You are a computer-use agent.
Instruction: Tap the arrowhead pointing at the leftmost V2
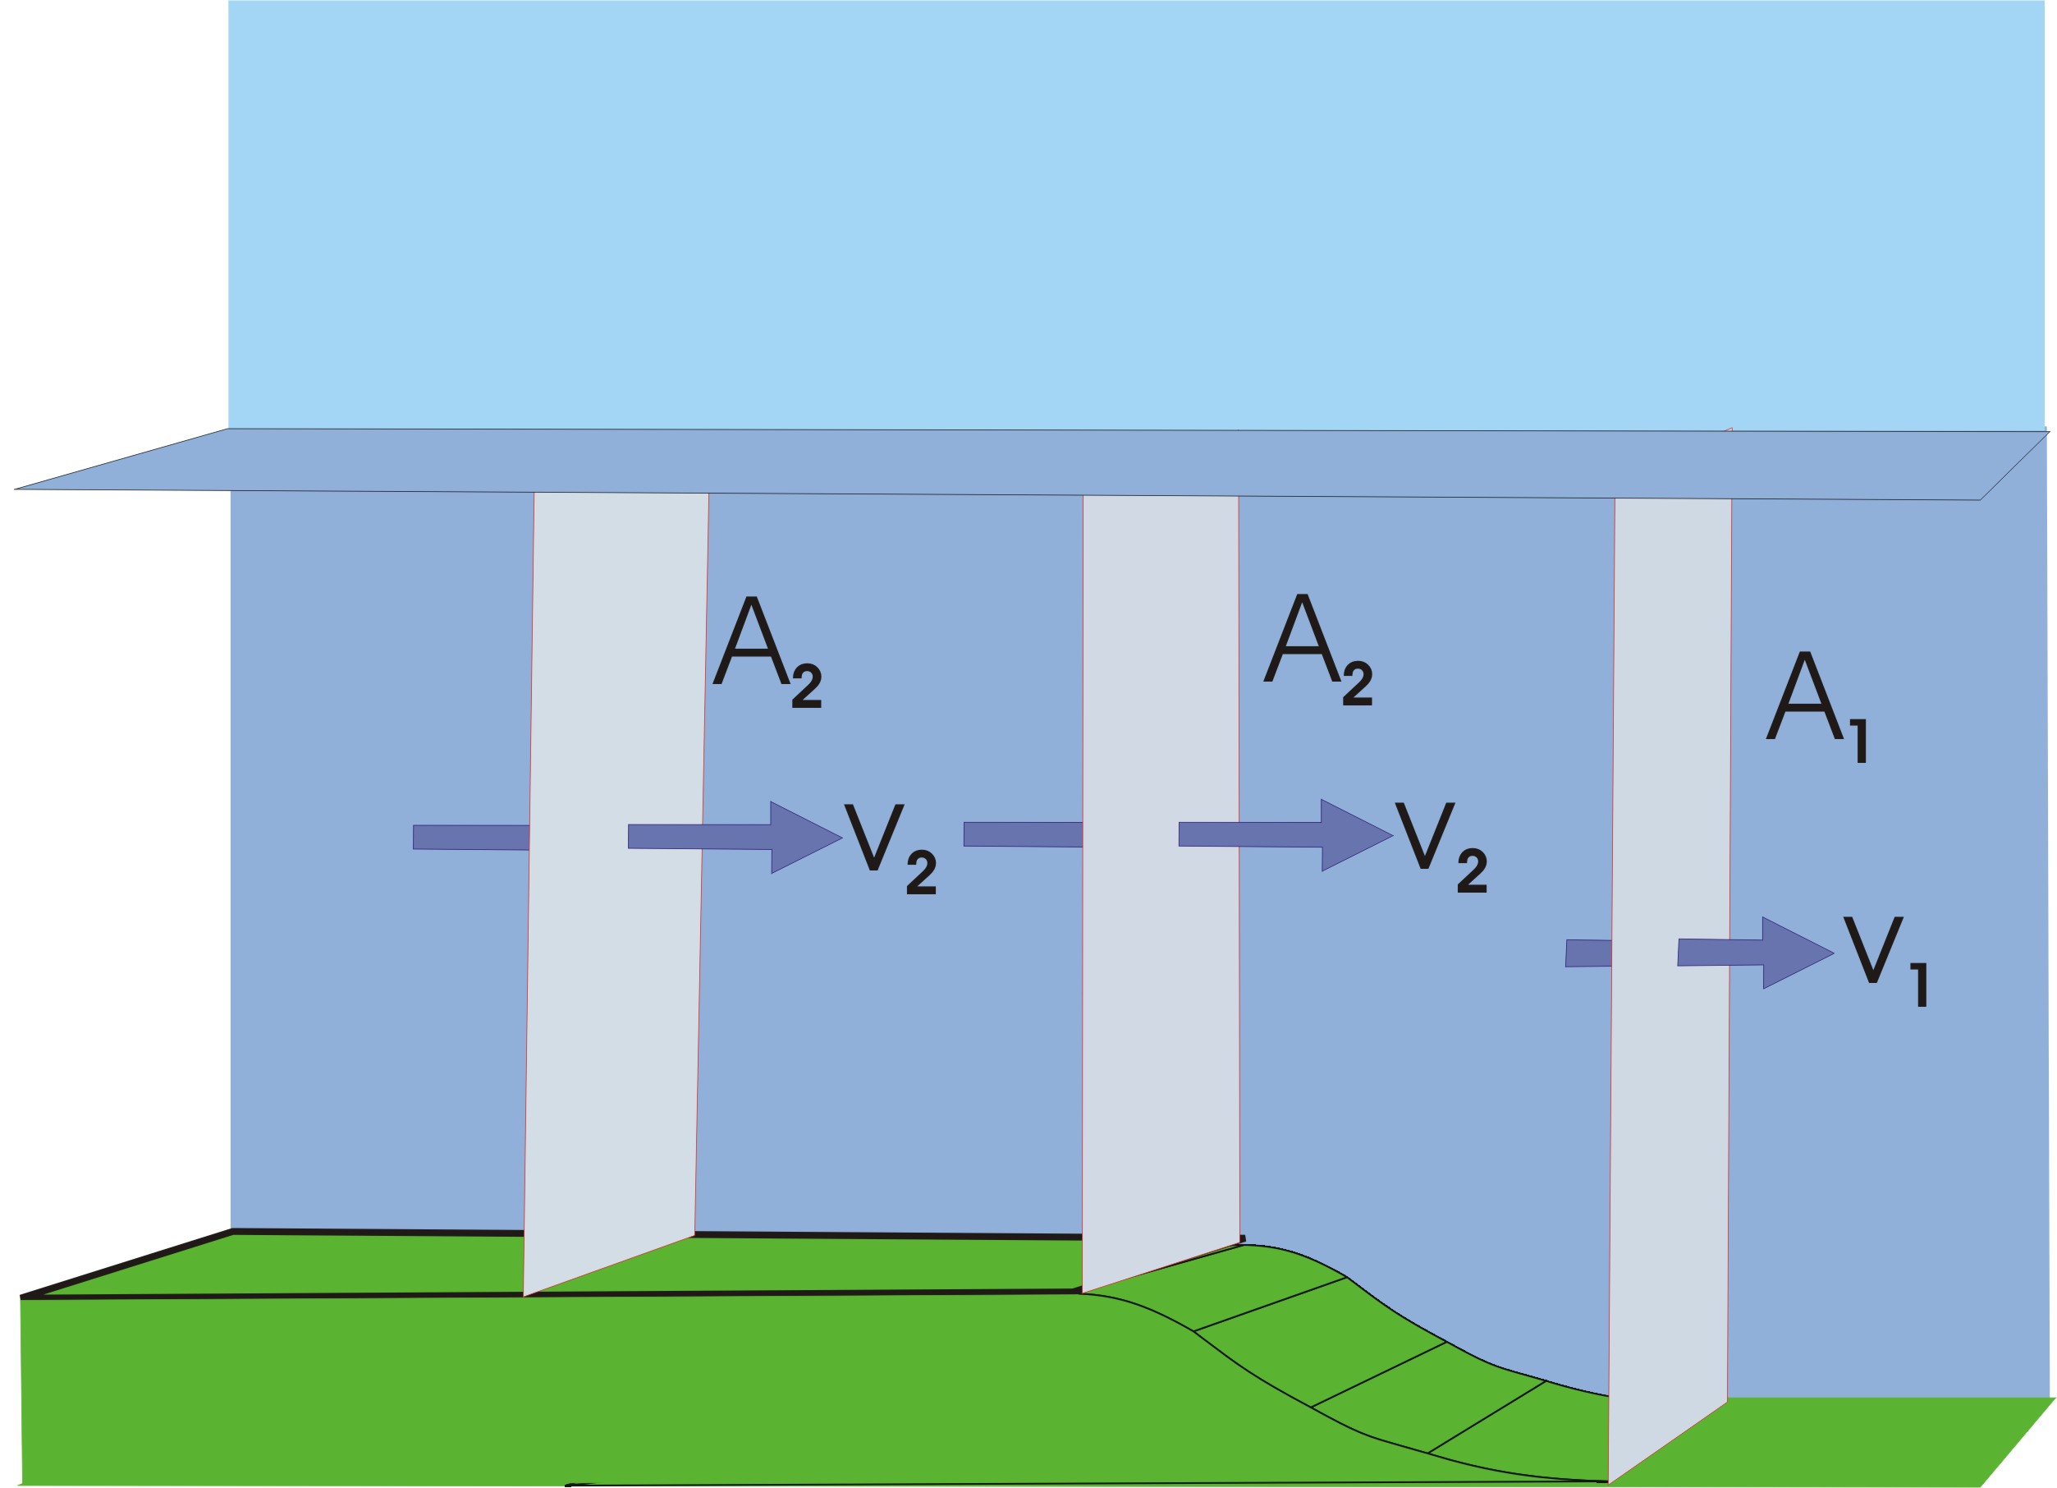click(804, 837)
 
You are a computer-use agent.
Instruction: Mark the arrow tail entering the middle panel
click(1022, 834)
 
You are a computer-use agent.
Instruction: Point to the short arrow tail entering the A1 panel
click(1588, 953)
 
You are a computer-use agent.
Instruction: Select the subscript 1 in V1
click(1920, 984)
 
